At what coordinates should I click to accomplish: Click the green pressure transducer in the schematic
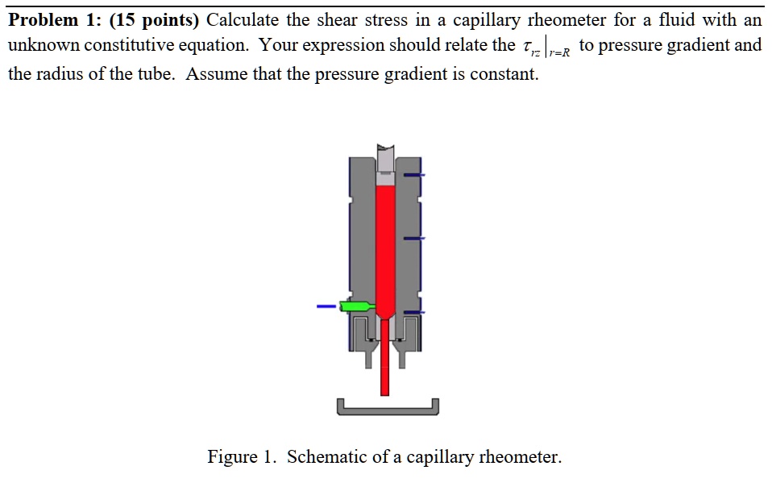(355, 306)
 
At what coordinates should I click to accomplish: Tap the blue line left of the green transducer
(326, 306)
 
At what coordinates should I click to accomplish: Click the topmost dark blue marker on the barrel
(414, 174)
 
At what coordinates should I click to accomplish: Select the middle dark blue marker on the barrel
(414, 238)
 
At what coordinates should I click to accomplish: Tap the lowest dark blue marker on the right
(414, 312)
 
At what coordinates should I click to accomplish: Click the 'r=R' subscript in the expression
(558, 53)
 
